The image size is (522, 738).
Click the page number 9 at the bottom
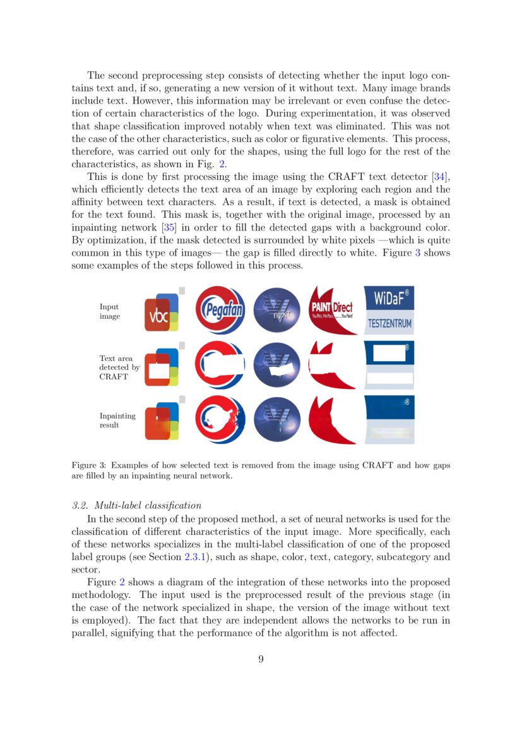coord(261,660)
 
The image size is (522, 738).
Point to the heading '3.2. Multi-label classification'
coord(137,505)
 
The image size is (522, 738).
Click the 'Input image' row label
coord(109,311)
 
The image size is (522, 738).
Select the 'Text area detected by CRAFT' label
coord(119,367)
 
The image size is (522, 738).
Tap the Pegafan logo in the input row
coord(220,310)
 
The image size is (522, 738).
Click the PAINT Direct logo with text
coord(331,310)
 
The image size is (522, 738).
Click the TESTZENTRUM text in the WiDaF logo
coord(389,324)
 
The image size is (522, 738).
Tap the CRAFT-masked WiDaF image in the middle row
coord(389,366)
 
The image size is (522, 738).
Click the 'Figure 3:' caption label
coord(90,465)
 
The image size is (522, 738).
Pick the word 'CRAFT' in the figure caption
coord(377,465)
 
